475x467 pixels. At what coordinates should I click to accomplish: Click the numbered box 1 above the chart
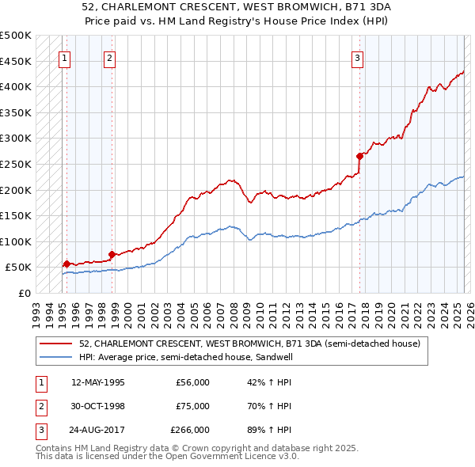[x=63, y=57]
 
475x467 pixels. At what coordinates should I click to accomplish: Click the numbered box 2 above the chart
[x=109, y=57]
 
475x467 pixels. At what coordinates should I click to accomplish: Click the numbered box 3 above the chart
[x=358, y=57]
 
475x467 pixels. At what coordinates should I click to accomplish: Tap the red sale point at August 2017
[x=359, y=156]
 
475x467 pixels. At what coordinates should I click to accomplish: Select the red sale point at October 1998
[x=112, y=254]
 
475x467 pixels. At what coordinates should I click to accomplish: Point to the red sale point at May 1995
[x=66, y=264]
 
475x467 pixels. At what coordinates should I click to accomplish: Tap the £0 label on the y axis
[x=24, y=293]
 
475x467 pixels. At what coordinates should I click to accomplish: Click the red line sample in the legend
[x=55, y=344]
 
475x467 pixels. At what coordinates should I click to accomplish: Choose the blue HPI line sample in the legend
[x=55, y=357]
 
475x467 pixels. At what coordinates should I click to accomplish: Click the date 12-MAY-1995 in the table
[x=98, y=382]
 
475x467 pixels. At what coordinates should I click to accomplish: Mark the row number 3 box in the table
[x=40, y=430]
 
